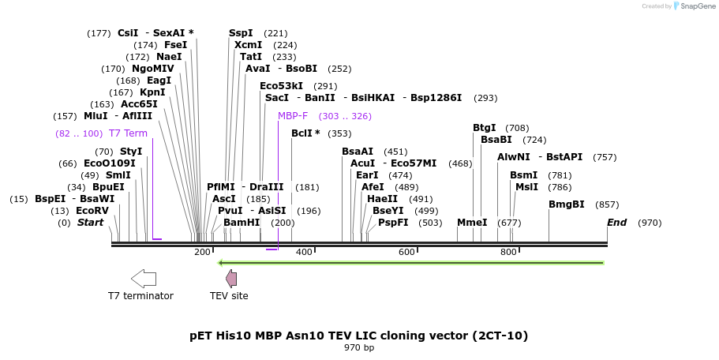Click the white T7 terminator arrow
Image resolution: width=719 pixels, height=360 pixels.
[144, 278]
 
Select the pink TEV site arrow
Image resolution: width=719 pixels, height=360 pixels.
[231, 278]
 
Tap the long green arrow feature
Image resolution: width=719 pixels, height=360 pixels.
[410, 263]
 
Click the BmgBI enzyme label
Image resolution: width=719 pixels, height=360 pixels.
[567, 204]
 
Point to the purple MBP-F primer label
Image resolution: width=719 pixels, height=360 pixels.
[293, 116]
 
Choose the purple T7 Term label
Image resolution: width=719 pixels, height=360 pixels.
[128, 133]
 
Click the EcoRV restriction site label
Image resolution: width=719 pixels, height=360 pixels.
[92, 211]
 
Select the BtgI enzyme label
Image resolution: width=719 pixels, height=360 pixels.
[485, 128]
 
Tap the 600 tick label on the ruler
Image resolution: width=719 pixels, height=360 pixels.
[406, 252]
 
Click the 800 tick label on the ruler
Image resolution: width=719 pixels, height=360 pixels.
[508, 252]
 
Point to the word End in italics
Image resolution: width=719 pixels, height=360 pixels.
[616, 223]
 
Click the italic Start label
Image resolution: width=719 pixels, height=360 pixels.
[90, 223]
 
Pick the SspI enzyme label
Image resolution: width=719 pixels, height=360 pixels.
[241, 33]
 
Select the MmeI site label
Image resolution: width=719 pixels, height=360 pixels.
[472, 223]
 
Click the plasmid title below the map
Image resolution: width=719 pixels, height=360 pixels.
[359, 336]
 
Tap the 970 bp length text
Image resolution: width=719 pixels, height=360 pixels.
[359, 347]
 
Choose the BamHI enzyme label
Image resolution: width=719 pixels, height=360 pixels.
[242, 223]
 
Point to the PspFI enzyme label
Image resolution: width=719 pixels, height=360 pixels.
[393, 223]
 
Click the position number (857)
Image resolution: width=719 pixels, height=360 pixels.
[607, 204]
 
